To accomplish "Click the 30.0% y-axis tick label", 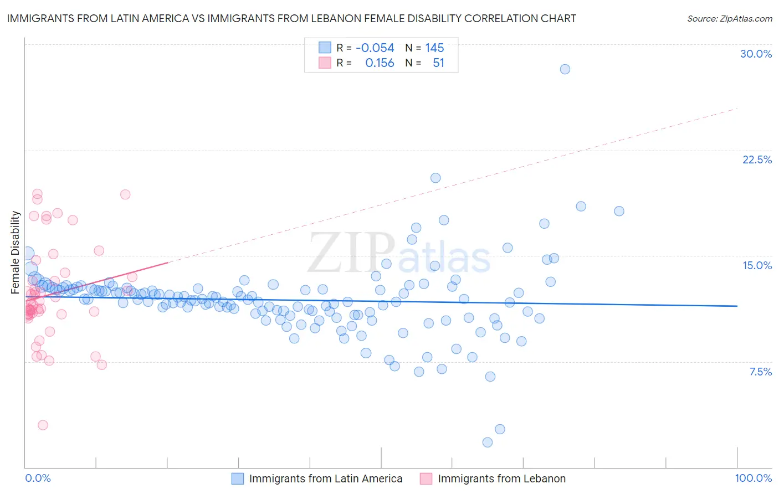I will coord(756,54).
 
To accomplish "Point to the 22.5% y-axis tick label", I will coord(757,159).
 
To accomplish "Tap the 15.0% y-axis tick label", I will coord(757,265).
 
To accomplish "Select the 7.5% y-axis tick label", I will coord(760,372).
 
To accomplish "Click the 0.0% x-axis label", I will coord(38,478).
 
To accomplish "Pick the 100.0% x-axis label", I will coord(753,478).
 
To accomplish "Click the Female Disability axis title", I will coord(16,252).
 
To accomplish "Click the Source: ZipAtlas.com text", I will coord(729,18).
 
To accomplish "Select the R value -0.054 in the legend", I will coord(375,48).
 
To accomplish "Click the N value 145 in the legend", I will coord(434,48).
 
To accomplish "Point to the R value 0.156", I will coord(380,63).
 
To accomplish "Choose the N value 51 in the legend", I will coord(438,63).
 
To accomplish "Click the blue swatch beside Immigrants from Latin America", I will coord(238,478).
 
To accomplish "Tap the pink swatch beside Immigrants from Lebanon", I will coord(426,478).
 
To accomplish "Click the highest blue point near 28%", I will coord(565,69).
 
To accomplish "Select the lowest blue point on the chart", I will coord(488,442).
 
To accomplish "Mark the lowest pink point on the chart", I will coord(43,425).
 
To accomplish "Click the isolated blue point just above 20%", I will coord(435,178).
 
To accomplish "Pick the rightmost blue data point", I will coord(619,211).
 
